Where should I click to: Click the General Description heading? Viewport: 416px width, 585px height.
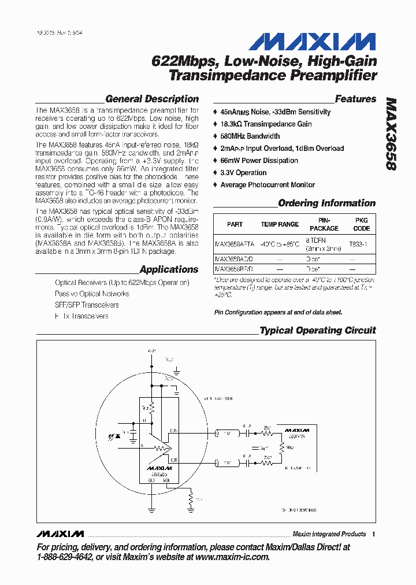(x=152, y=99)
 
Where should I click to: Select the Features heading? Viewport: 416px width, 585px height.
(x=355, y=99)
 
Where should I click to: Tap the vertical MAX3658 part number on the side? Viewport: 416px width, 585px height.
(x=391, y=133)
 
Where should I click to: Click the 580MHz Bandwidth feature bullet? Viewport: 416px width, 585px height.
(x=250, y=136)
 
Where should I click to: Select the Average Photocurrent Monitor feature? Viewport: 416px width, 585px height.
(x=268, y=184)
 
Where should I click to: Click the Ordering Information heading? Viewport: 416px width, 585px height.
(x=326, y=203)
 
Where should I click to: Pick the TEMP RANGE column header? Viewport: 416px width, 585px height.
(x=280, y=224)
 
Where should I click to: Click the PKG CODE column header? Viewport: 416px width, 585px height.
(x=361, y=224)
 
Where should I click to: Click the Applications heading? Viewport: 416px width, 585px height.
(x=169, y=269)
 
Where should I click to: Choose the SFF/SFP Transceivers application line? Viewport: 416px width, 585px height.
(x=87, y=305)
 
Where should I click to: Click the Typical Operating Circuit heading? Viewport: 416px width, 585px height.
(x=317, y=331)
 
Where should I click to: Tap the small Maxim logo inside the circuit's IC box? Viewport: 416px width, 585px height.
(x=159, y=467)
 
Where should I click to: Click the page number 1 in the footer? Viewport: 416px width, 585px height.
(x=373, y=534)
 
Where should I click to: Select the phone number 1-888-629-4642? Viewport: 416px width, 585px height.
(x=65, y=557)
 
